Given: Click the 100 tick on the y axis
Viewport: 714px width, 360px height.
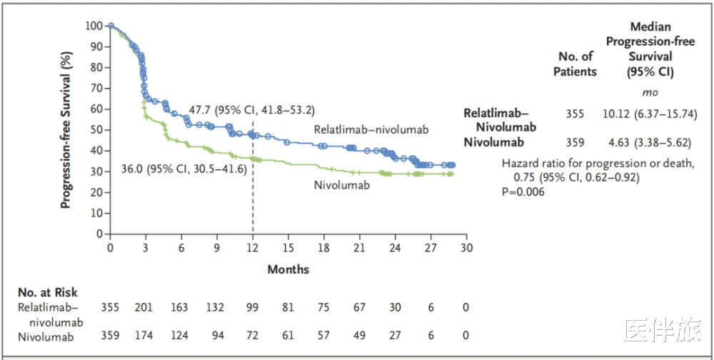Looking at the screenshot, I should click(x=94, y=26).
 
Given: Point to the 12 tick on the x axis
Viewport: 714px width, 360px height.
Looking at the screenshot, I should click(x=253, y=247).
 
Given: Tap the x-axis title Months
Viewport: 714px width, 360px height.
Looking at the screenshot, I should click(x=288, y=269).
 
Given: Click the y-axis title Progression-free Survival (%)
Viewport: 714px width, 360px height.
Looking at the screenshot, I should click(x=66, y=130).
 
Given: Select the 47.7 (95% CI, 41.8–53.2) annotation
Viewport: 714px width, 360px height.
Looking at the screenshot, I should click(x=251, y=110).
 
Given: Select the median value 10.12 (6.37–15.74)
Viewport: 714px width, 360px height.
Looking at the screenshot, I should click(x=649, y=114).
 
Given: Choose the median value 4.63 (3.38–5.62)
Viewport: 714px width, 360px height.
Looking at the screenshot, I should click(x=649, y=142).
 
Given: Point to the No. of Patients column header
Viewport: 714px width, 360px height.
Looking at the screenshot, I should click(x=575, y=64).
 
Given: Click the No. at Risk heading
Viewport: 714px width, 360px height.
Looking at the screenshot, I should click(x=48, y=291).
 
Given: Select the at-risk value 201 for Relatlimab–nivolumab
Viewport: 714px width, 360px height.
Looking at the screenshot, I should click(x=144, y=307).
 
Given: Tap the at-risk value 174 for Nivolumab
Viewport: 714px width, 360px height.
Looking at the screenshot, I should click(x=144, y=334).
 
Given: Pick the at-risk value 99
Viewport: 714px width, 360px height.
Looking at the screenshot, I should click(x=253, y=307).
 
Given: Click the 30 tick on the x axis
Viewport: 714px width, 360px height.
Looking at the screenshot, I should click(x=466, y=247).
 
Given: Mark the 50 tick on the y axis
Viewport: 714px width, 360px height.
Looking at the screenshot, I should click(x=96, y=130).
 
